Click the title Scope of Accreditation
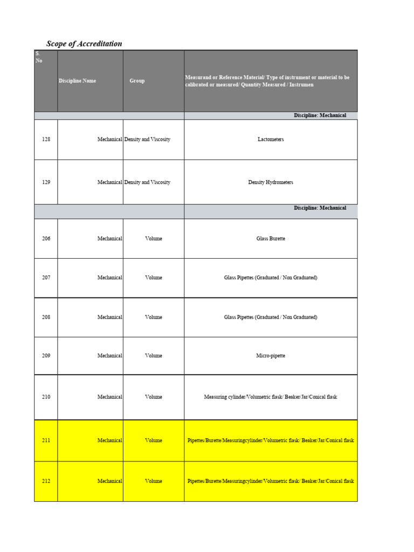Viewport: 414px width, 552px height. click(x=84, y=44)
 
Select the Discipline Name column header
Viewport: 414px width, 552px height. click(x=78, y=81)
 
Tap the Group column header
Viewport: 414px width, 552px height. click(x=137, y=81)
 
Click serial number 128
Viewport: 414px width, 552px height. click(x=46, y=140)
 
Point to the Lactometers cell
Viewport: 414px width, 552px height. click(x=271, y=140)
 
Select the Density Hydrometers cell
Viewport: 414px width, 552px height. click(x=271, y=183)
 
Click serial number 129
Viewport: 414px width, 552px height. click(x=46, y=183)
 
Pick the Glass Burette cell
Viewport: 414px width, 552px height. click(x=271, y=239)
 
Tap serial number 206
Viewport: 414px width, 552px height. click(x=46, y=239)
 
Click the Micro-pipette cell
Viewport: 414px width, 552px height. click(x=271, y=356)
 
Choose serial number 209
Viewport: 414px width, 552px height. click(x=46, y=356)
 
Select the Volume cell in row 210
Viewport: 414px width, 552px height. click(x=154, y=397)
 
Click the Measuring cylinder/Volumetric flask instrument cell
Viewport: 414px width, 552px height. click(x=271, y=397)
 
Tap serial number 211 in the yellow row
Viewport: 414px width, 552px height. click(x=46, y=440)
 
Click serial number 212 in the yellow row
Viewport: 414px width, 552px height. click(x=46, y=481)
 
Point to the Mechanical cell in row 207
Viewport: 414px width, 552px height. click(x=110, y=278)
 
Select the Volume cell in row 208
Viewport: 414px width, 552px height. click(x=154, y=318)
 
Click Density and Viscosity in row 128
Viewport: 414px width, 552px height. click(x=147, y=140)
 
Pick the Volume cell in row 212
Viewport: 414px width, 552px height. click(x=154, y=481)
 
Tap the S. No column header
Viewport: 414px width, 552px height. click(x=38, y=57)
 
